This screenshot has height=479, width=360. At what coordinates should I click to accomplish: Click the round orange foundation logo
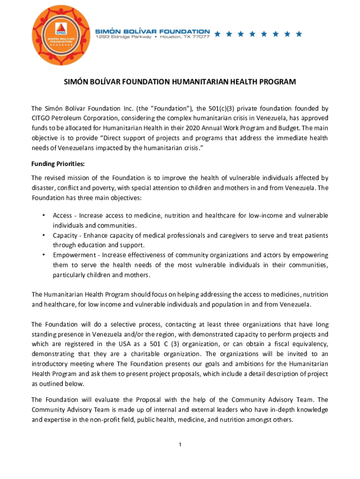[55, 36]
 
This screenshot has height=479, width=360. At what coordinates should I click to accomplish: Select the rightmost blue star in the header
[299, 34]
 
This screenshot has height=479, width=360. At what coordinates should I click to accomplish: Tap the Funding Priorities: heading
[58, 164]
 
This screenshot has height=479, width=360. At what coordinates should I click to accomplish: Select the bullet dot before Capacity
[43, 235]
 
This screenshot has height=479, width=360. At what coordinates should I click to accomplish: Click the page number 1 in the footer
[180, 444]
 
